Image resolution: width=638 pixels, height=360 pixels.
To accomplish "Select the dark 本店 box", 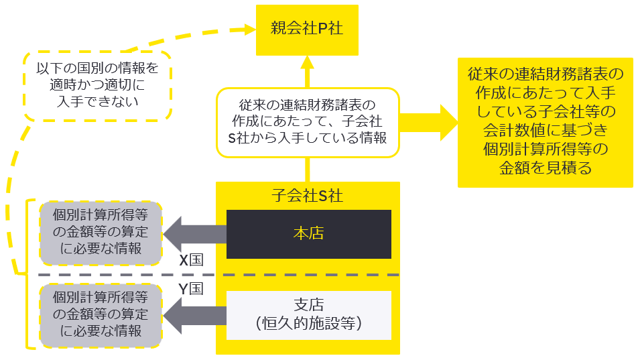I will click(x=308, y=234).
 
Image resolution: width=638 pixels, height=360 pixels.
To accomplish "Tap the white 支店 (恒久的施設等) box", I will click(x=308, y=314).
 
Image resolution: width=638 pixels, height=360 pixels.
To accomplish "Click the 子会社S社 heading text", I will click(x=308, y=196).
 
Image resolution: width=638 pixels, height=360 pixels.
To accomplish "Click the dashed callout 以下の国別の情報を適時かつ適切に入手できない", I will click(x=98, y=85).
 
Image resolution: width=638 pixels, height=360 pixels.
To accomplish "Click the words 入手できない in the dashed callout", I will click(x=98, y=102).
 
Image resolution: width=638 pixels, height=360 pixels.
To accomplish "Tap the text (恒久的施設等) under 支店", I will click(x=308, y=324).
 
